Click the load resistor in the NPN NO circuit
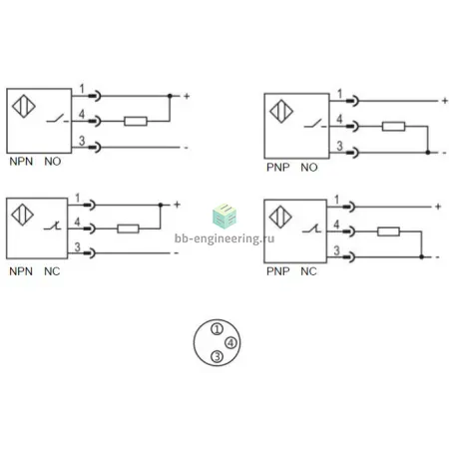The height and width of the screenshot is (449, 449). point(136,121)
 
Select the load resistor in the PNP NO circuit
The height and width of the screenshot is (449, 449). point(393,127)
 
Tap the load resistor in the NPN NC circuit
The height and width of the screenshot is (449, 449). point(128,228)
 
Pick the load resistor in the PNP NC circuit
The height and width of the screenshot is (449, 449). point(388,231)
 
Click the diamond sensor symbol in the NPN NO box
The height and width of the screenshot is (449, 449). point(24,107)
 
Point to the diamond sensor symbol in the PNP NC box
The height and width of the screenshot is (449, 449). point(280,218)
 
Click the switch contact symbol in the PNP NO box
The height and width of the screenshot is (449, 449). point(315,125)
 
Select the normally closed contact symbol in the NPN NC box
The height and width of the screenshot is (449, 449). point(53,226)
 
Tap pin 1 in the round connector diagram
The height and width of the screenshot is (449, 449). point(217,329)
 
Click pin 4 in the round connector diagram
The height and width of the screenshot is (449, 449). point(230,342)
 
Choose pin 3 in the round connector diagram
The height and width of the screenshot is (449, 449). point(217,356)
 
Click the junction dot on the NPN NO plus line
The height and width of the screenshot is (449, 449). point(170,96)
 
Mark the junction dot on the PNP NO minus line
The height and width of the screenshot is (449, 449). point(428,153)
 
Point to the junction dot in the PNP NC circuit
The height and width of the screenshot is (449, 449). point(422,257)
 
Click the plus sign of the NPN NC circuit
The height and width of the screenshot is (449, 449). point(177,205)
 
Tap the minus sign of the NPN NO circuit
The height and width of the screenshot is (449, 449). point(187,148)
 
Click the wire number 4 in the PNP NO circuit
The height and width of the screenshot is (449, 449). point(339,119)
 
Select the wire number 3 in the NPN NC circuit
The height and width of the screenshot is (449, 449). point(78,246)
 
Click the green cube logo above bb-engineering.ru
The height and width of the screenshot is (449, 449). point(224,216)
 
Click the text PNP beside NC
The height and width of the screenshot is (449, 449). point(278,271)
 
